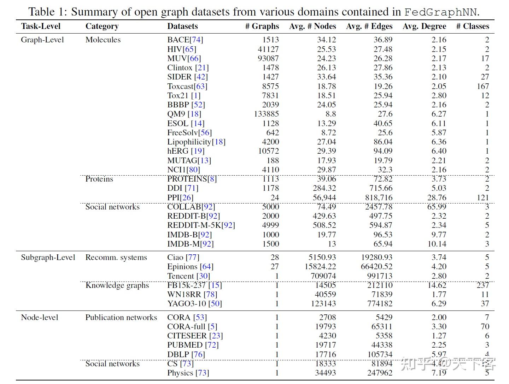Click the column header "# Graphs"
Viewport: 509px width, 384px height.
click(x=262, y=26)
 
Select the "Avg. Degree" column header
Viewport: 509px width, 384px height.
click(x=424, y=26)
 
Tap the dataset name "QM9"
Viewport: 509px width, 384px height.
click(x=176, y=114)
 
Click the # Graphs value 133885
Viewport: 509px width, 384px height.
click(x=266, y=114)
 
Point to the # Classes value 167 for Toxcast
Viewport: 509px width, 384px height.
click(x=482, y=86)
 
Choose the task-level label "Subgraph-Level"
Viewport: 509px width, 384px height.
click(x=48, y=258)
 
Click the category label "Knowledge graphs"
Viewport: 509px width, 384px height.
click(x=117, y=285)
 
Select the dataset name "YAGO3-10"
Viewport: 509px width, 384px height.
click(x=187, y=304)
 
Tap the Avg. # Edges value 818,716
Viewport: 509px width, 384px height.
click(x=379, y=197)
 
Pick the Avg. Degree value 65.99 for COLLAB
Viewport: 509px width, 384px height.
click(x=437, y=207)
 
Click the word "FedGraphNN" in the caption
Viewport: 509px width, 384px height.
click(x=440, y=12)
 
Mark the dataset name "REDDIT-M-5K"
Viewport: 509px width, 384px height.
click(x=194, y=225)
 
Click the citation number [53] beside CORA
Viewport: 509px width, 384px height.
click(x=200, y=318)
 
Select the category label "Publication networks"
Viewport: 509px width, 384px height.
click(x=121, y=318)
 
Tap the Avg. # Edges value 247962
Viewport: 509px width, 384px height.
click(x=380, y=373)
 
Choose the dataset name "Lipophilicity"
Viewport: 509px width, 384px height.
click(x=189, y=142)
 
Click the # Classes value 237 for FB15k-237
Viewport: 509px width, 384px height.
click(x=482, y=285)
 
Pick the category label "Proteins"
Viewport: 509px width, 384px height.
click(x=99, y=179)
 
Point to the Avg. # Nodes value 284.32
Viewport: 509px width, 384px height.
click(x=324, y=188)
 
